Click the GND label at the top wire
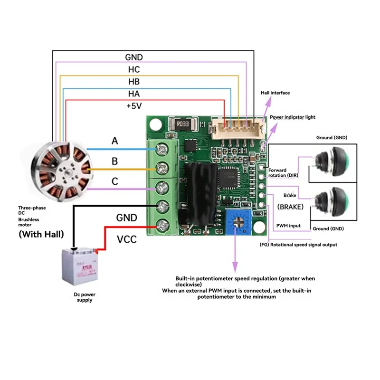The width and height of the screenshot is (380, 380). [134, 57]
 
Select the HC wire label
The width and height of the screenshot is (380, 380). [134, 69]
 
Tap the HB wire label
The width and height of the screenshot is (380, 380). [134, 82]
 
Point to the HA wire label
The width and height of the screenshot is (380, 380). [134, 94]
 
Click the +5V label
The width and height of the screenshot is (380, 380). [134, 106]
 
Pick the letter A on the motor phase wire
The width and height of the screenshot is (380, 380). [114, 141]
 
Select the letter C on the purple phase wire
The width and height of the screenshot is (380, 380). [114, 181]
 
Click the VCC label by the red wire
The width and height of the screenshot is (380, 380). [127, 239]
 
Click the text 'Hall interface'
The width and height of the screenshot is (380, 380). [275, 93]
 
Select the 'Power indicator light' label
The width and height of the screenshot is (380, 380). [293, 117]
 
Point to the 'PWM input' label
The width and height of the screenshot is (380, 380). [288, 226]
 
